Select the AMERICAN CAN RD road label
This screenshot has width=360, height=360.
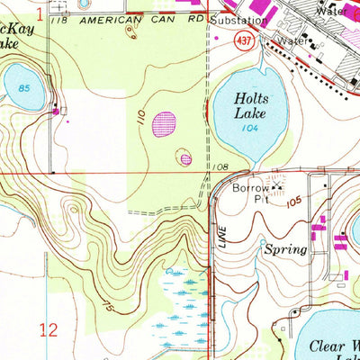click(x=135, y=18)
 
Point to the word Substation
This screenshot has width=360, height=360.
click(x=236, y=19)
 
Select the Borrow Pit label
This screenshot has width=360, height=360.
click(x=251, y=194)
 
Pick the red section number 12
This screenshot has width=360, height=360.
click(x=49, y=329)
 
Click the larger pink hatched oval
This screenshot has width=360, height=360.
click(x=164, y=123)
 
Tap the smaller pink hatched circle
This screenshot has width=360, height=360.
click(x=185, y=159)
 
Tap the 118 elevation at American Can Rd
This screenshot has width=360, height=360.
click(x=60, y=18)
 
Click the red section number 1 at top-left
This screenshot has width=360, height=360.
click(x=40, y=11)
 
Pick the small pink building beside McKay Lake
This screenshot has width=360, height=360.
click(x=58, y=111)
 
